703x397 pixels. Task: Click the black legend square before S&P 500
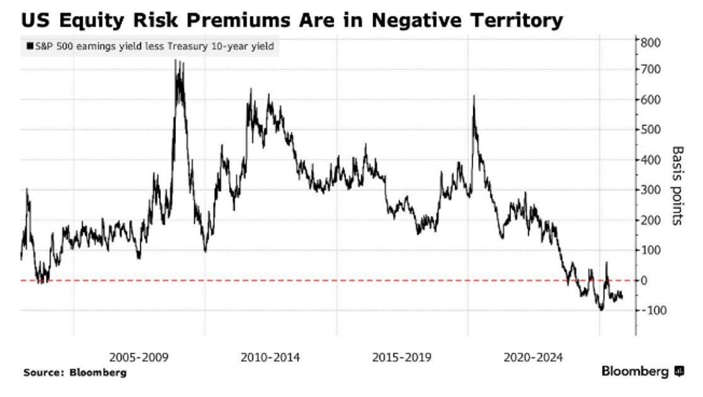(29, 47)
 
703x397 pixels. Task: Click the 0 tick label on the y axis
(646, 280)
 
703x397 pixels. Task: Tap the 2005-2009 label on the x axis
(138, 357)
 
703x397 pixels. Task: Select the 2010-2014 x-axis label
(270, 357)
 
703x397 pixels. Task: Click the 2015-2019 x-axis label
(402, 357)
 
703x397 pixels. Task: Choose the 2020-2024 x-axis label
(534, 357)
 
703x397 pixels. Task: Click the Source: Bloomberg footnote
(75, 373)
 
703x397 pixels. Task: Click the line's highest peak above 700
(177, 62)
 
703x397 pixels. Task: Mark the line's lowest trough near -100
(601, 309)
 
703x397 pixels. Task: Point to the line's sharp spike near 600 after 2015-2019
(474, 97)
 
